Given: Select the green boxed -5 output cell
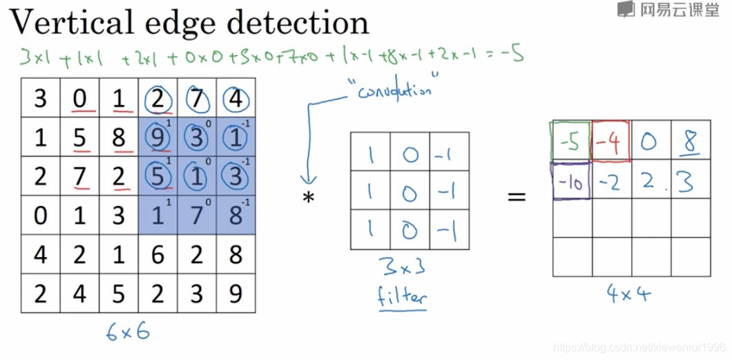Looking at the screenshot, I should click(x=570, y=143).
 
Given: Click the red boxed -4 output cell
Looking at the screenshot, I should click(x=610, y=143).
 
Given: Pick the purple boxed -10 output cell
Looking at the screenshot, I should click(x=570, y=181).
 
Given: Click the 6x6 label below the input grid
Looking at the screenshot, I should click(x=128, y=332).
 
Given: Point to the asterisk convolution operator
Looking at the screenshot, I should click(x=308, y=198).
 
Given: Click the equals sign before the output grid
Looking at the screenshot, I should click(x=517, y=197).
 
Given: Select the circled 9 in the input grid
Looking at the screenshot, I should click(x=157, y=137).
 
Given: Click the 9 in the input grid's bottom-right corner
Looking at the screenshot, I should click(x=235, y=294).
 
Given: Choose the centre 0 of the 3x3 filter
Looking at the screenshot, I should click(x=410, y=192).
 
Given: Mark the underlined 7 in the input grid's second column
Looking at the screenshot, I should click(x=80, y=176).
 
